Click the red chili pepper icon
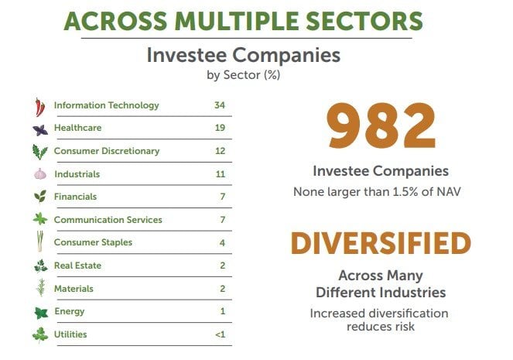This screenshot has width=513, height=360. (x=40, y=107)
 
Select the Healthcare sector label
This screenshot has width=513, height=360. (x=78, y=128)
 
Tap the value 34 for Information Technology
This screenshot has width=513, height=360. (x=220, y=105)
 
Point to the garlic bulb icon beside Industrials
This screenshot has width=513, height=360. (x=40, y=173)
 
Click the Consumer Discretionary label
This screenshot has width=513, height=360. (x=107, y=151)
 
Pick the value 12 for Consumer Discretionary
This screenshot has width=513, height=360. (x=220, y=151)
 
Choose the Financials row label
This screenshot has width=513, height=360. (x=75, y=197)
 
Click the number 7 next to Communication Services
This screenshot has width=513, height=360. (x=223, y=220)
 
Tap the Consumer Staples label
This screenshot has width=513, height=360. (x=94, y=242)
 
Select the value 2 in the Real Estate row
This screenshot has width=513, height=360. (x=223, y=266)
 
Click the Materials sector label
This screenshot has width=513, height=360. (x=74, y=289)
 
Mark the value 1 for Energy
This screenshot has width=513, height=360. (x=223, y=311)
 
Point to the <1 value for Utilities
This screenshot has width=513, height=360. (x=221, y=334)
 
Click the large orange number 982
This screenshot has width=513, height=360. (x=381, y=125)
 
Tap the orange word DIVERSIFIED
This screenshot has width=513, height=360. (x=381, y=243)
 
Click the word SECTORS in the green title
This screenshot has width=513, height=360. (x=364, y=21)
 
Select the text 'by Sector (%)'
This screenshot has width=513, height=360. (x=244, y=75)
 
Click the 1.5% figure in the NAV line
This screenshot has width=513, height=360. (x=405, y=191)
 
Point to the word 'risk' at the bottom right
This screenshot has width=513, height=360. (x=405, y=326)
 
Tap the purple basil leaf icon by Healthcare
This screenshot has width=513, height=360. (x=40, y=130)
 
